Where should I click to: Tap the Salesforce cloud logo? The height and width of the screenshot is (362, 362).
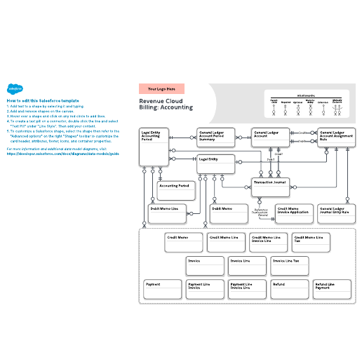(13, 90)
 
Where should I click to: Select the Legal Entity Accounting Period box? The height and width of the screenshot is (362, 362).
(154, 146)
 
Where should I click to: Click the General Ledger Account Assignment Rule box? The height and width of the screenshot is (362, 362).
(336, 138)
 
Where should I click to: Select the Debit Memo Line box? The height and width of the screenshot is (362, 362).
(166, 215)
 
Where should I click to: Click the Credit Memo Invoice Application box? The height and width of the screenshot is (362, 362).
(293, 214)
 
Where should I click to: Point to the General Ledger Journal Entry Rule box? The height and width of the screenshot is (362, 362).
(336, 214)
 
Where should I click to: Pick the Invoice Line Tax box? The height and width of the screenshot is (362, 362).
(290, 265)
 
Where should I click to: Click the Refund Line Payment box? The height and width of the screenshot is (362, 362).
(332, 290)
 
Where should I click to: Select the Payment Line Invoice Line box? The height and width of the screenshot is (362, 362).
(248, 290)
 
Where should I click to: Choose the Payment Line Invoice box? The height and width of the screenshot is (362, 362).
(205, 290)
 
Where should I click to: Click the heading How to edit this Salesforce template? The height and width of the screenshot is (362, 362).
(42, 100)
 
